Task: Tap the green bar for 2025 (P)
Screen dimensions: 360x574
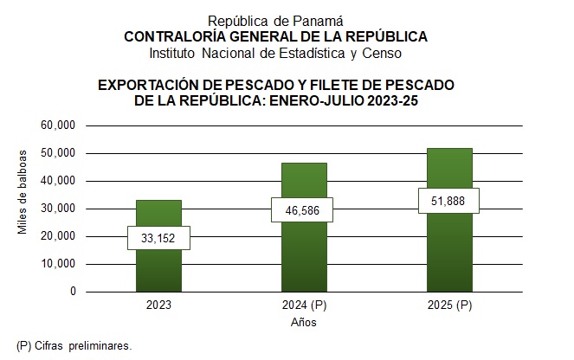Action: pos(448,251)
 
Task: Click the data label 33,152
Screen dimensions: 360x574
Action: pos(158,238)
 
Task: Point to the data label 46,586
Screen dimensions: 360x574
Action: pos(303,210)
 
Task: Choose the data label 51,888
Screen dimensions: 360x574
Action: pos(448,201)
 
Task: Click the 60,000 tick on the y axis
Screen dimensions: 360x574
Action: pos(59,125)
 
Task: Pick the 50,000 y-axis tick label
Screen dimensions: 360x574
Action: pos(59,153)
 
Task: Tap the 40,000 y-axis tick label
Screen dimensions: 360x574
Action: pos(59,181)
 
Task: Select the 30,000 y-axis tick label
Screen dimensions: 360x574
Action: pos(59,209)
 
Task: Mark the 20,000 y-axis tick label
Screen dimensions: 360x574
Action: pos(59,236)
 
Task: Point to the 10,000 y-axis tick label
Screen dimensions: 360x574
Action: pos(59,264)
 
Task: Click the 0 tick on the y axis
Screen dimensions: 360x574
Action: pos(73,292)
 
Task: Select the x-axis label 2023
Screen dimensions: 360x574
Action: pos(158,305)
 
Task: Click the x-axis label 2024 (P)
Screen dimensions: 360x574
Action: pos(303,305)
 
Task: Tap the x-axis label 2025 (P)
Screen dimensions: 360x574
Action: pos(448,305)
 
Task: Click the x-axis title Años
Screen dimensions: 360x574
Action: pos(303,323)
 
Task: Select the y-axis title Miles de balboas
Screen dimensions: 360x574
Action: pos(23,192)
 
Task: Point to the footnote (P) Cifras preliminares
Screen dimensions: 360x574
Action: pos(74,345)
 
